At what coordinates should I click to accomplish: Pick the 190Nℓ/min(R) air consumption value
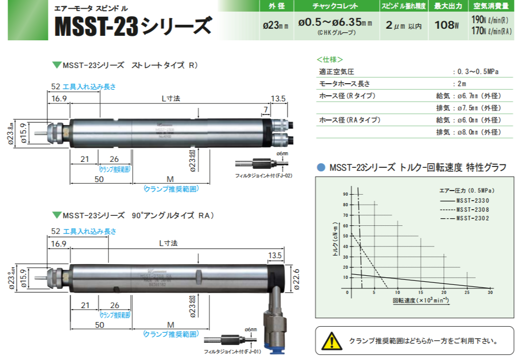[x=491, y=20]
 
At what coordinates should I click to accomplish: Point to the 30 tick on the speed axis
[x=490, y=292]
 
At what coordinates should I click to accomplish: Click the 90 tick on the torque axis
[x=346, y=194]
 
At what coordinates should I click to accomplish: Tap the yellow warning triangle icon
[x=331, y=341]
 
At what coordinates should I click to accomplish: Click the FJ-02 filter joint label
[x=264, y=175]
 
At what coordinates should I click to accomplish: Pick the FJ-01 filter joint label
[x=232, y=351]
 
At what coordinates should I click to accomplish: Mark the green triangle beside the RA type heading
[x=56, y=215]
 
